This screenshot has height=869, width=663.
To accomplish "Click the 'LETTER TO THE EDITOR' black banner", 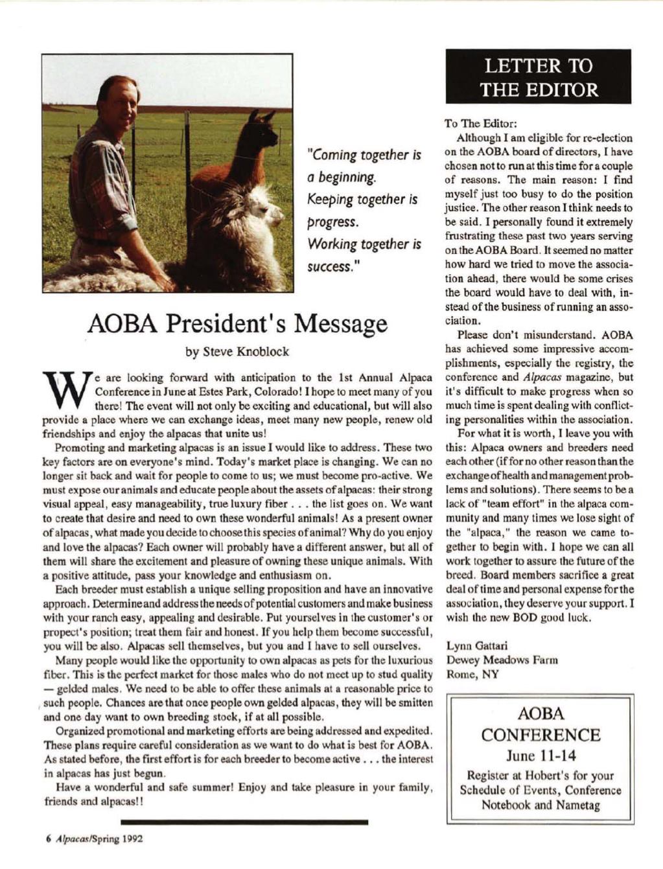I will (x=539, y=76).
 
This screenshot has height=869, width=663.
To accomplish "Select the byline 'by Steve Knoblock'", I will (x=237, y=353).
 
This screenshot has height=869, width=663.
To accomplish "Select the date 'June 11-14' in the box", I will (x=539, y=756).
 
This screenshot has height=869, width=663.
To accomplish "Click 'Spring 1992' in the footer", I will (x=121, y=837).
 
